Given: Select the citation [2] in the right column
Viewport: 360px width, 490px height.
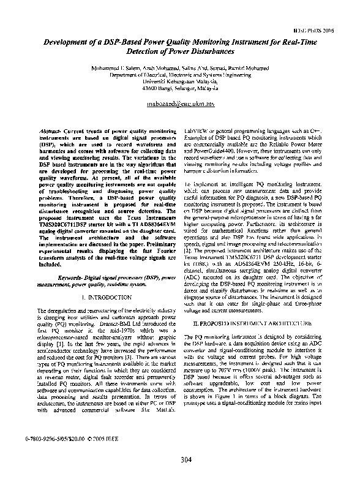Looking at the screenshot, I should (x=189, y=251).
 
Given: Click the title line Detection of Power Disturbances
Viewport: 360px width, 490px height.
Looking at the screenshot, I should (x=180, y=52).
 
